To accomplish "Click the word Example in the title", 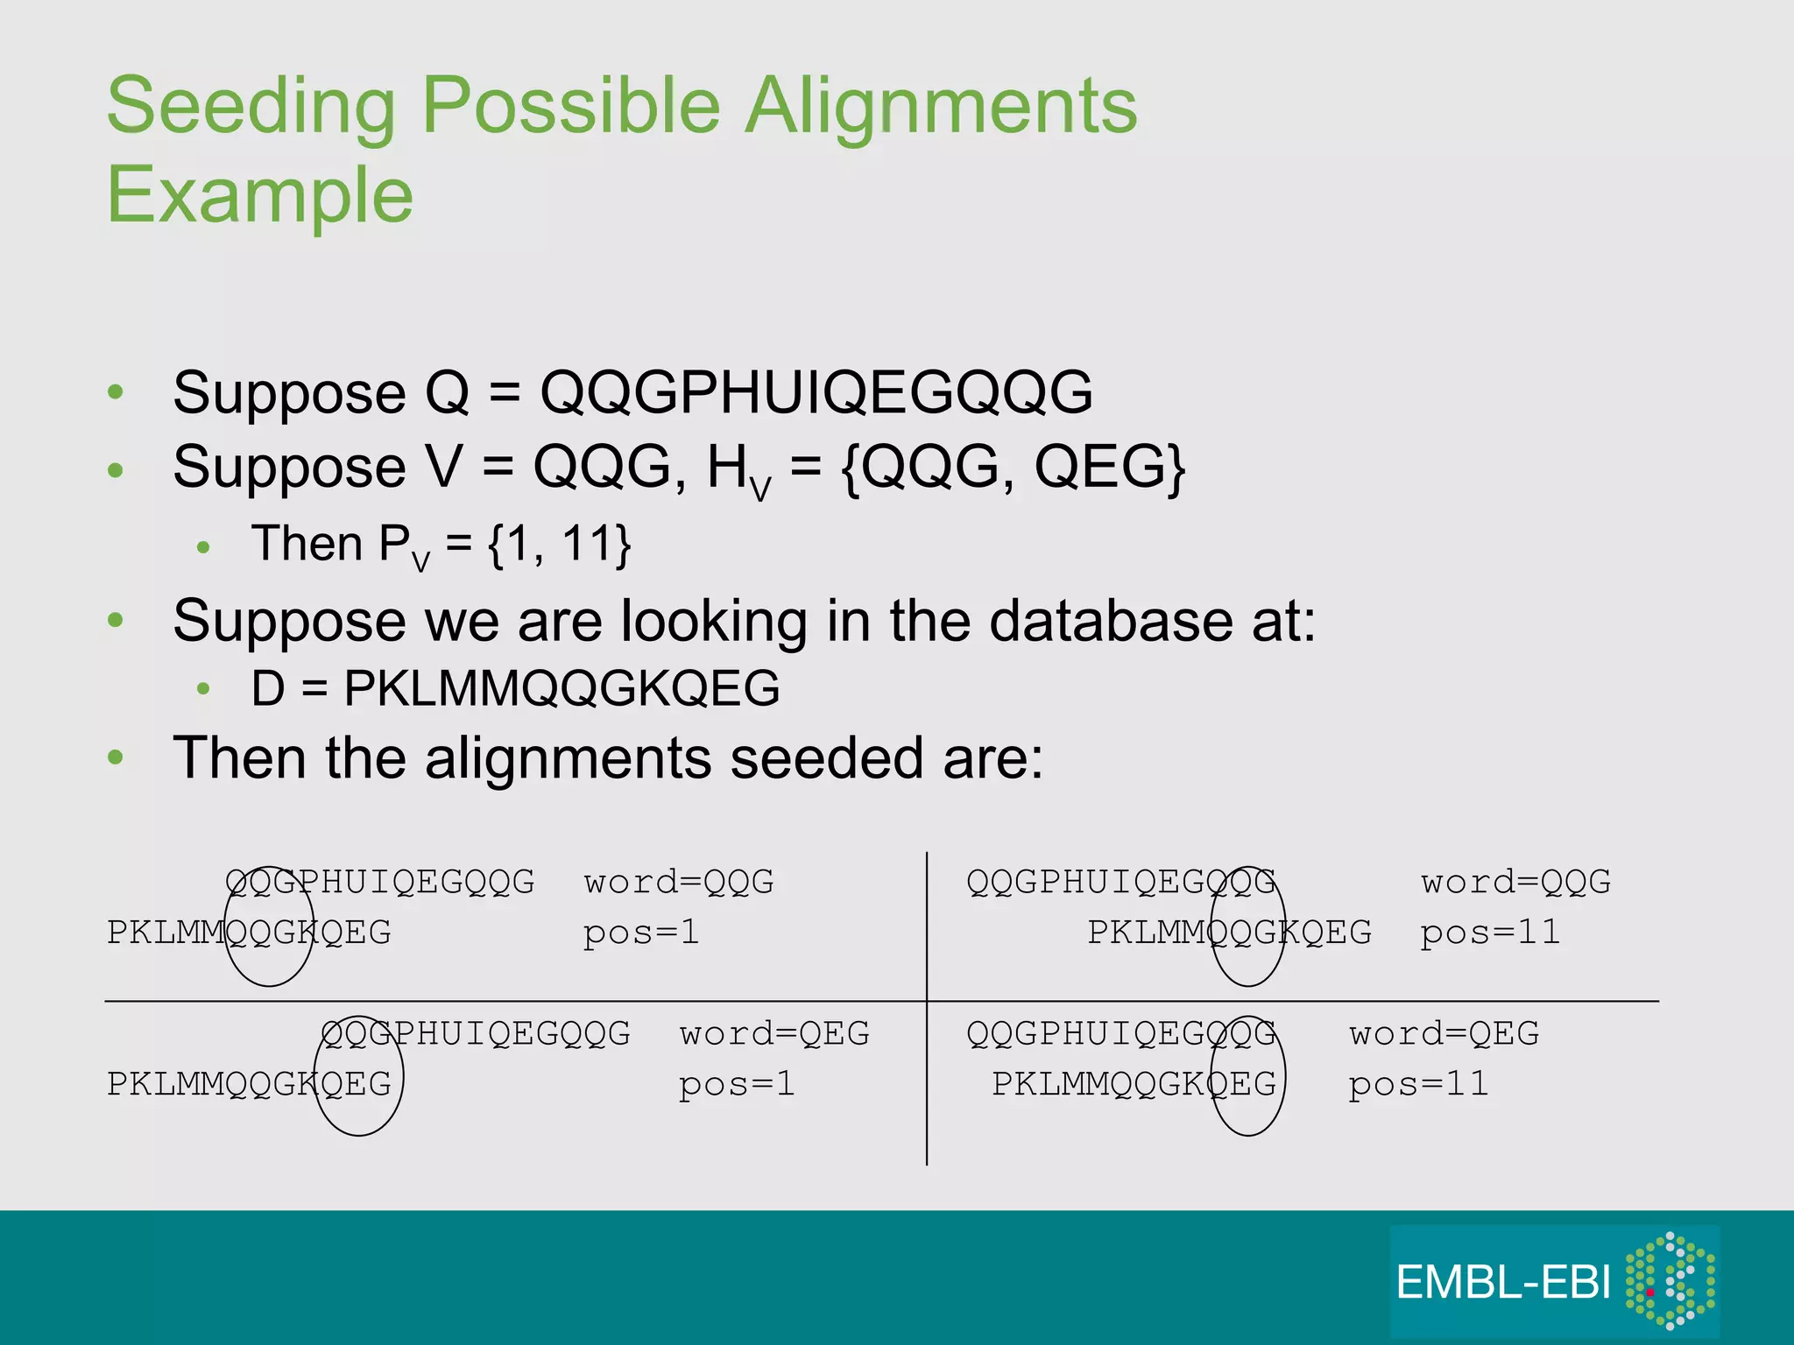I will click(x=259, y=194).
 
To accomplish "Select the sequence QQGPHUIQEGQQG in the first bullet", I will click(x=816, y=391).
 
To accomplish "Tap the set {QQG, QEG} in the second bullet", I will click(x=1013, y=467).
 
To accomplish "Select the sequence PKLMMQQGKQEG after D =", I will click(x=562, y=688).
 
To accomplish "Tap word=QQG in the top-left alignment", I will click(x=679, y=882).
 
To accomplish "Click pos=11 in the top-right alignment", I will click(x=1490, y=933).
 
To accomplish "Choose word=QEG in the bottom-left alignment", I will click(x=774, y=1034).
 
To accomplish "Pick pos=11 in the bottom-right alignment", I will click(x=1418, y=1085).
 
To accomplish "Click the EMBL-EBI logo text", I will click(x=1502, y=1283).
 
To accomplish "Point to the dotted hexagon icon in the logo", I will click(x=1670, y=1280).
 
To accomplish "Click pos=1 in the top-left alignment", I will click(x=641, y=933).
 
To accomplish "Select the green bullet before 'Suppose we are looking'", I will click(x=116, y=621).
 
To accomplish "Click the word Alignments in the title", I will click(x=941, y=107).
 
